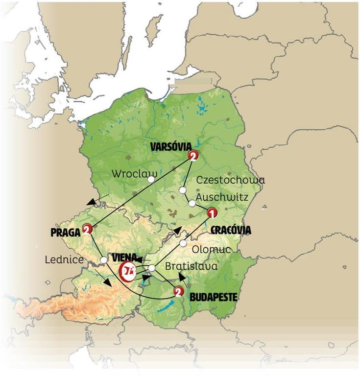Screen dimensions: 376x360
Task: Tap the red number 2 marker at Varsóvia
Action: coord(193,156)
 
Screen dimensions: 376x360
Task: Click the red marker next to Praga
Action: coord(87,229)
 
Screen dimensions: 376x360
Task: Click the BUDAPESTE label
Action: coord(214,297)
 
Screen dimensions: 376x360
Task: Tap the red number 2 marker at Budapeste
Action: coord(179,292)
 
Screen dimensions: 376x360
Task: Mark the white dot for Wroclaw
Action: coord(151,179)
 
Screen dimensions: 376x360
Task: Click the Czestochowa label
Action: coord(230,180)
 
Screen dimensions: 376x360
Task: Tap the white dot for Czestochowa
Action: coord(182,190)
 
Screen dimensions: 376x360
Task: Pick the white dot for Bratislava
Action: coord(152,268)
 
